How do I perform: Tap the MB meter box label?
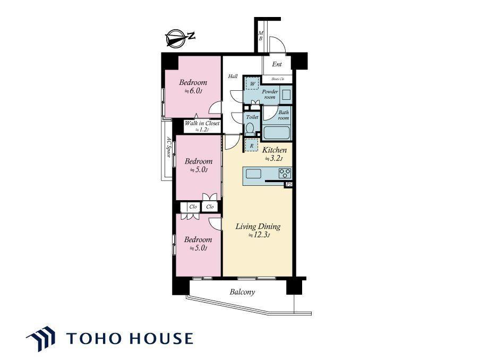[x=261, y=36]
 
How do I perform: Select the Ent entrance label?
[x=277, y=64]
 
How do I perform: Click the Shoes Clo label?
[x=277, y=79]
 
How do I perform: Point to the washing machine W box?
[x=253, y=83]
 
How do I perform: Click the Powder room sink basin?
[x=286, y=95]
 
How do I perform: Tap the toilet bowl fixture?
[x=250, y=128]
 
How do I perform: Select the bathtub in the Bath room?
[x=277, y=133]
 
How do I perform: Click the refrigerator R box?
[x=252, y=145]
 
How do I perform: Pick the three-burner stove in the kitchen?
[x=285, y=173]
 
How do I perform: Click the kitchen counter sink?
[x=253, y=174]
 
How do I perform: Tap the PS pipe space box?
[x=288, y=184]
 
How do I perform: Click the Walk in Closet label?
[x=202, y=123]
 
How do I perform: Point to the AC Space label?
[x=168, y=147]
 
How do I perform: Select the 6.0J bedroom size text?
[x=193, y=91]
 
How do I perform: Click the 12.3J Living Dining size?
[x=259, y=235]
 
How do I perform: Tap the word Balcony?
[x=243, y=292]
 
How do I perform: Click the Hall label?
[x=233, y=76]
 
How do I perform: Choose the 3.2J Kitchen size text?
[x=273, y=159]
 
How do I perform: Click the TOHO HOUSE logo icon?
[x=41, y=338]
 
